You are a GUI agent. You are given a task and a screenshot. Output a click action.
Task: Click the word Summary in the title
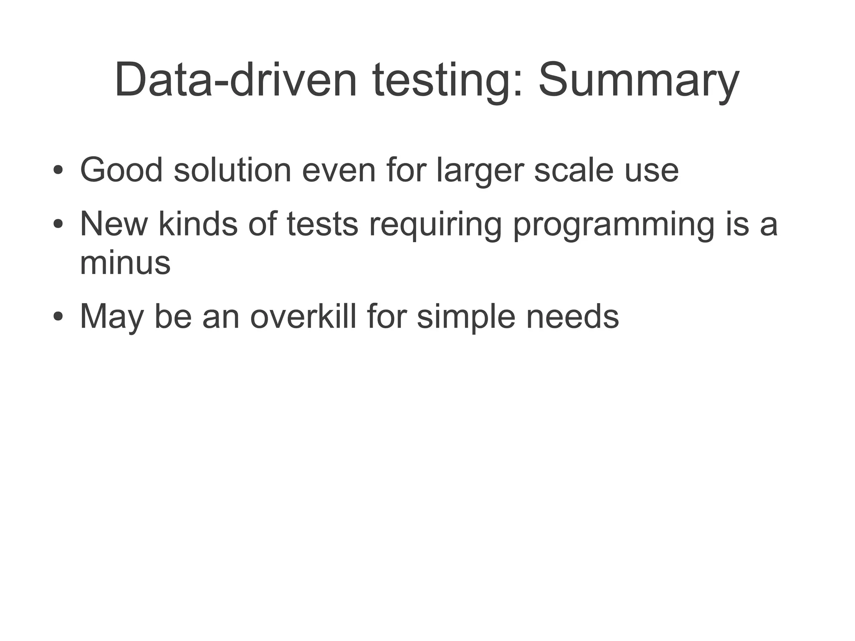coord(639,80)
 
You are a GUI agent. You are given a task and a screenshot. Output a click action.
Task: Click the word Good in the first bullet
coord(121,170)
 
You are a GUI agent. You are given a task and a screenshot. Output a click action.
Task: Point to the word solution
coord(232,170)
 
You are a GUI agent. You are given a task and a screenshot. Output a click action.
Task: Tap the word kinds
coord(198,224)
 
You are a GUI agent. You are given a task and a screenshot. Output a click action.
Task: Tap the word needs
coord(572,317)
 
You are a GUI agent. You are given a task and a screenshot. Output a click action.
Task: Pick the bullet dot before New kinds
coord(58,224)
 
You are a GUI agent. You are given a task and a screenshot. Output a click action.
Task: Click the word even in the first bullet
coord(339,170)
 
